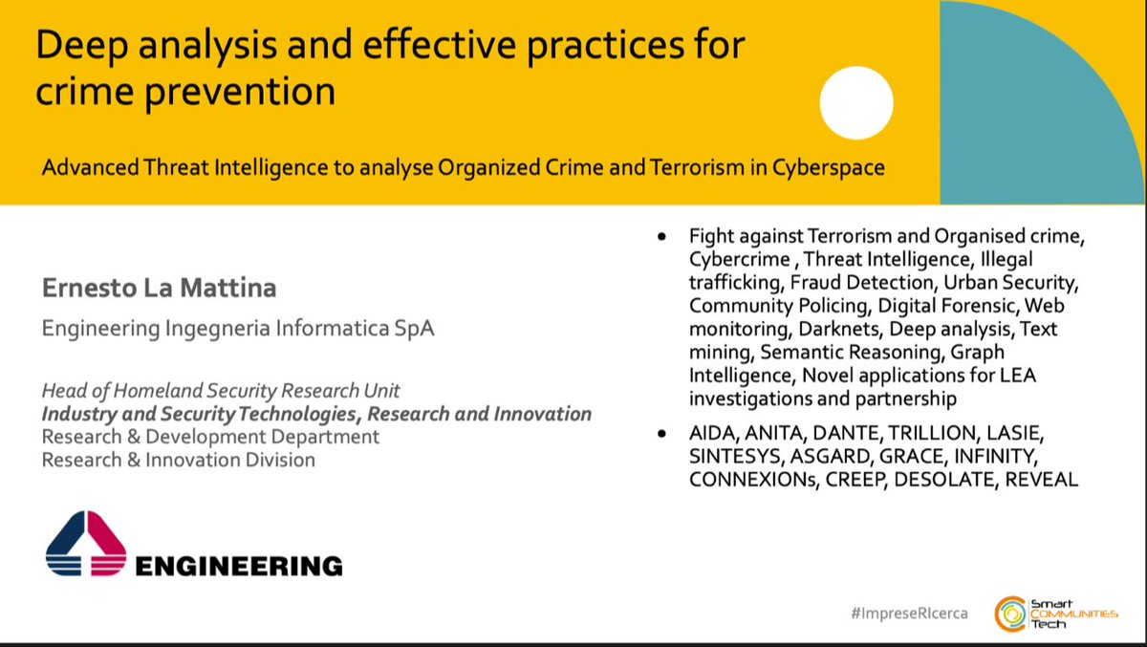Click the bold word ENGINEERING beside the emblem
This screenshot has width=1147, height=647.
(238, 566)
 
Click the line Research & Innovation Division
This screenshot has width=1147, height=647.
(178, 460)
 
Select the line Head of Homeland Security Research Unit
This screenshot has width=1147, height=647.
(221, 390)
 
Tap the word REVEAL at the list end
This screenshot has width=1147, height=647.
(1041, 480)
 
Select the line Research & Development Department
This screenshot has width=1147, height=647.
(210, 437)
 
